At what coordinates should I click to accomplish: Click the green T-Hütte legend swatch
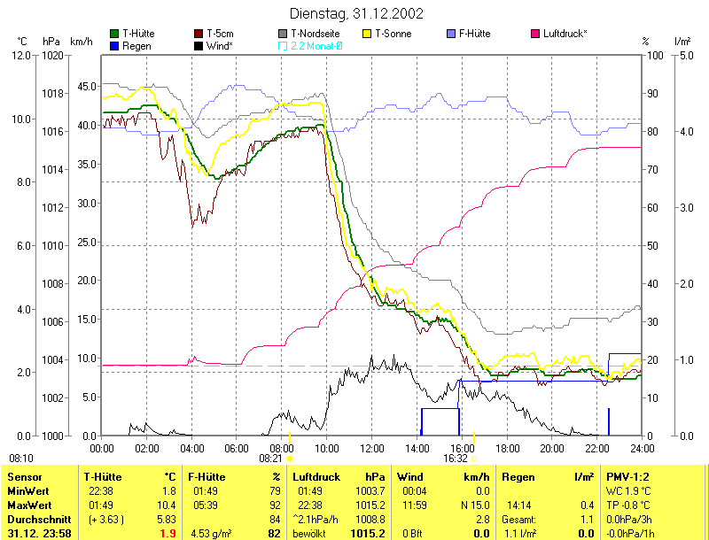point(114,34)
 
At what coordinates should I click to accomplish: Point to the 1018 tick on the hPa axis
point(53,93)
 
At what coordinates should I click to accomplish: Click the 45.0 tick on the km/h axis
point(86,87)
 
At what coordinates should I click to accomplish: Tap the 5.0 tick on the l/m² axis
point(683,55)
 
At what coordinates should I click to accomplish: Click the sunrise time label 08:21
point(270,459)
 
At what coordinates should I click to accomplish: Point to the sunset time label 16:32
point(456,459)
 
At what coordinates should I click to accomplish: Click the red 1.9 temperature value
point(168,534)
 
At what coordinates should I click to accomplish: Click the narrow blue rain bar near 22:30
point(609,421)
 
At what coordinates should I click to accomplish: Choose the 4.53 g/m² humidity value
point(211,534)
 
